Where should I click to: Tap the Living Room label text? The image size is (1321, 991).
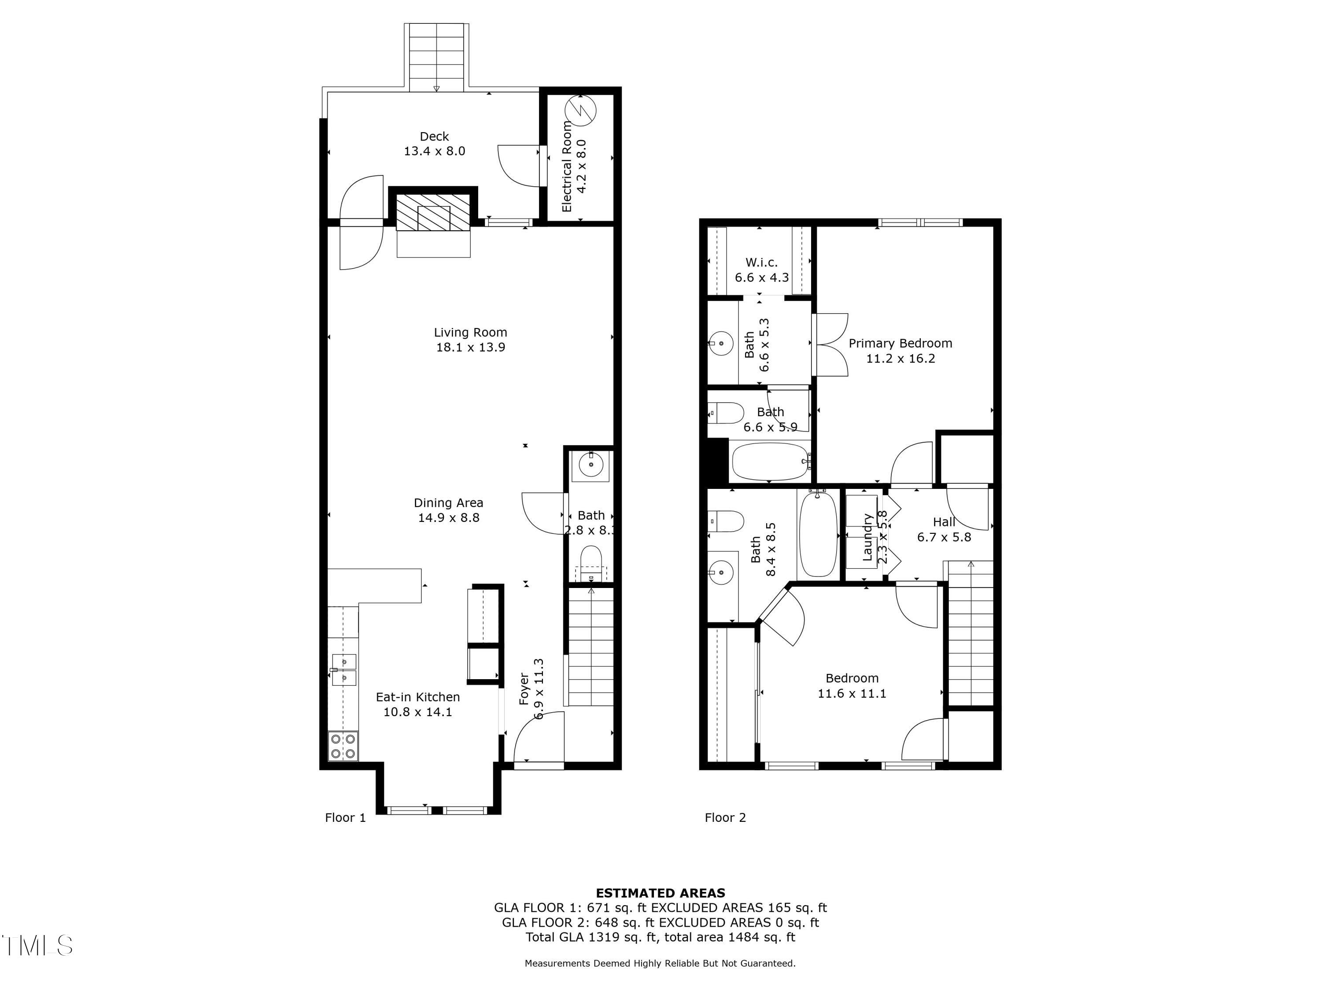[x=471, y=333]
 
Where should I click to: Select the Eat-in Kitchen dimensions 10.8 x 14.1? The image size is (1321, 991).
[x=417, y=712]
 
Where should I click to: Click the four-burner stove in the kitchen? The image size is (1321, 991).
[x=343, y=747]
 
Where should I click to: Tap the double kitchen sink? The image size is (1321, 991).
[x=344, y=669]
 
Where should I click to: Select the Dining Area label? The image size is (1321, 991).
[x=449, y=503]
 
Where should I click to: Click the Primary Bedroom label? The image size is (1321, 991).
[x=900, y=344]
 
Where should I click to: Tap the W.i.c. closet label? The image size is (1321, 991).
[x=761, y=262]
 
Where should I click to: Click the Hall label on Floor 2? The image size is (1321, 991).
[x=944, y=522]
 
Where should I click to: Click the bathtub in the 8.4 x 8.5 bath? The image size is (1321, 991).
[x=818, y=533]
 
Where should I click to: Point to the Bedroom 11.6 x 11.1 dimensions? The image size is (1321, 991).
[x=852, y=694]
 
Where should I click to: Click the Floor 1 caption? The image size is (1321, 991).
[x=345, y=818]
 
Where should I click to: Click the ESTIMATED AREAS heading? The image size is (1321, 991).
[x=660, y=893]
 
